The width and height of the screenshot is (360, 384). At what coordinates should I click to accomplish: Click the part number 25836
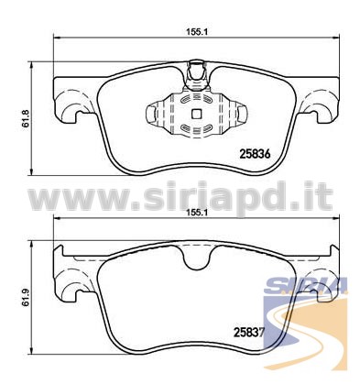click(x=256, y=154)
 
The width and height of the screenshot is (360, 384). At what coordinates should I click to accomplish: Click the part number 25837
click(x=248, y=332)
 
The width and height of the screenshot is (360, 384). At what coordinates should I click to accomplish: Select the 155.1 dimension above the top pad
click(x=196, y=32)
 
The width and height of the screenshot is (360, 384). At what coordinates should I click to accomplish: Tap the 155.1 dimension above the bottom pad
click(x=196, y=214)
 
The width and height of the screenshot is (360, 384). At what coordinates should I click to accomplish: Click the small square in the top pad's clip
click(x=196, y=114)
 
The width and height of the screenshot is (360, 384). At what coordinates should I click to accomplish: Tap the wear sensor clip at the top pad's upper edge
click(x=196, y=75)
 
